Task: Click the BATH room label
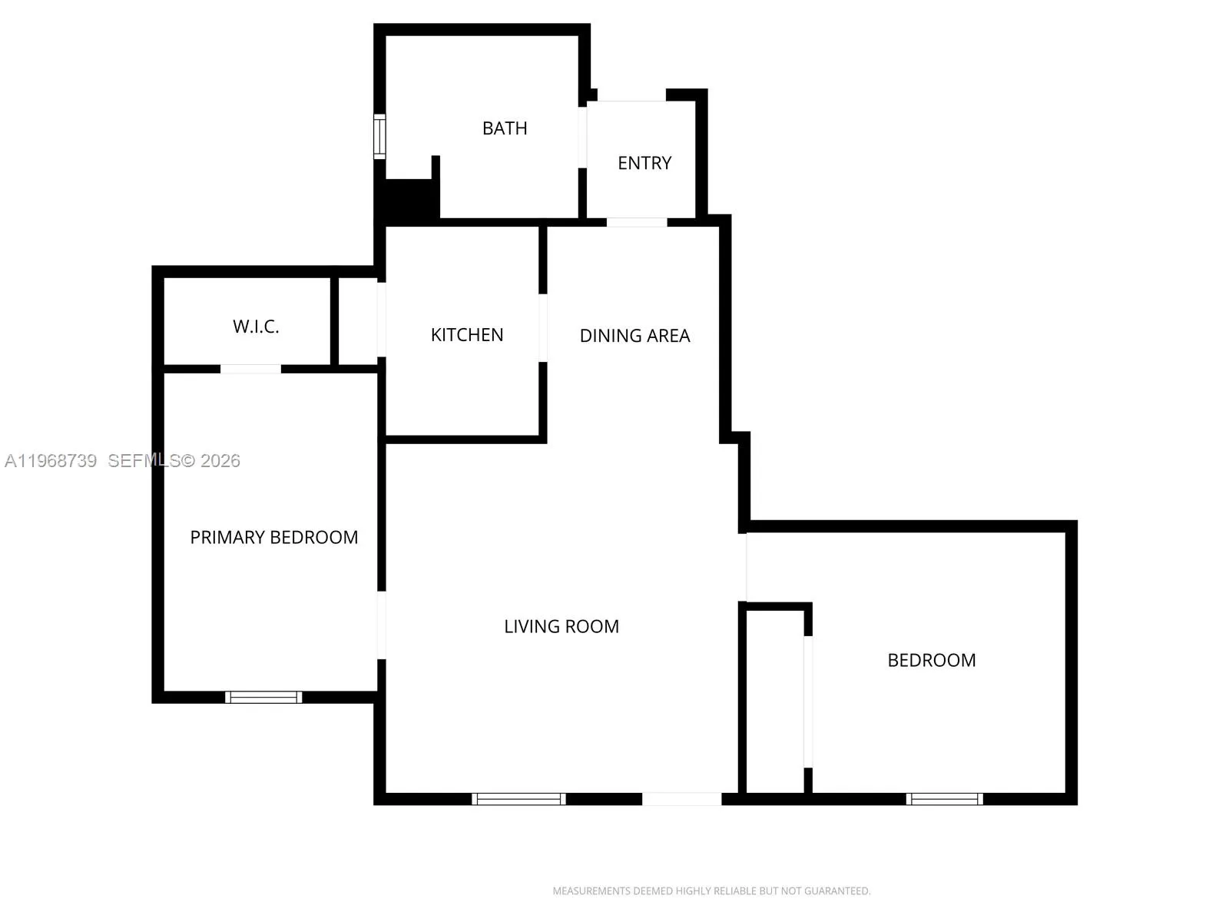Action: (505, 128)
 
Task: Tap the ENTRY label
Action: (644, 163)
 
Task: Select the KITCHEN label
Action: (467, 335)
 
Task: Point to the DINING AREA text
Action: (634, 336)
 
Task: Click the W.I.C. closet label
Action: (256, 327)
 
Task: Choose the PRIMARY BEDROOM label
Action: (274, 537)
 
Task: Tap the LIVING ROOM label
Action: (561, 626)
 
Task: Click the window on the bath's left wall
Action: (379, 137)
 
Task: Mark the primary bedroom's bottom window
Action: (263, 697)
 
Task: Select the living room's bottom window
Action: (519, 799)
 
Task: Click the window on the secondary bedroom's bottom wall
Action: (945, 799)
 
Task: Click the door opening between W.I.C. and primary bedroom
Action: (251, 369)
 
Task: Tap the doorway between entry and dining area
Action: (637, 222)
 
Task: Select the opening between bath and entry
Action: (583, 137)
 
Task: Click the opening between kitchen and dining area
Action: (543, 328)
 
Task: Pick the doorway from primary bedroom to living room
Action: (381, 625)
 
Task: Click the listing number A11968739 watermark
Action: (51, 461)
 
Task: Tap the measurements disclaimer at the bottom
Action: (711, 891)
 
